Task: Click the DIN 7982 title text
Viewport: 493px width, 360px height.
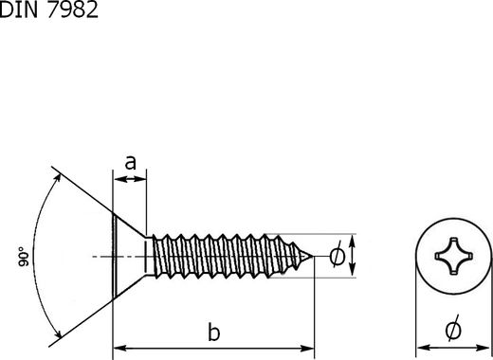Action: pyautogui.click(x=49, y=9)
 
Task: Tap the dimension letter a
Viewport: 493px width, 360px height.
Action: pyautogui.click(x=131, y=163)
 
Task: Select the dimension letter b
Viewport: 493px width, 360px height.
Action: pyautogui.click(x=214, y=332)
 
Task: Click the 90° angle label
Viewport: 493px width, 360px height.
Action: pyautogui.click(x=24, y=257)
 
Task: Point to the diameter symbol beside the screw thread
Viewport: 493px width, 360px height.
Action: pyautogui.click(x=338, y=256)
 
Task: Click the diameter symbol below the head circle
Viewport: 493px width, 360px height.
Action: pyautogui.click(x=453, y=329)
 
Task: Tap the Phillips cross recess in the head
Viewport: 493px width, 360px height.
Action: pyautogui.click(x=454, y=256)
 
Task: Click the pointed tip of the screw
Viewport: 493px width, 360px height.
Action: pyautogui.click(x=313, y=256)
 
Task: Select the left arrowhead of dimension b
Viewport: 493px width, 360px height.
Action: pyautogui.click(x=119, y=349)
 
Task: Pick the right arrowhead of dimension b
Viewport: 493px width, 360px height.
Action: pyautogui.click(x=307, y=349)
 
